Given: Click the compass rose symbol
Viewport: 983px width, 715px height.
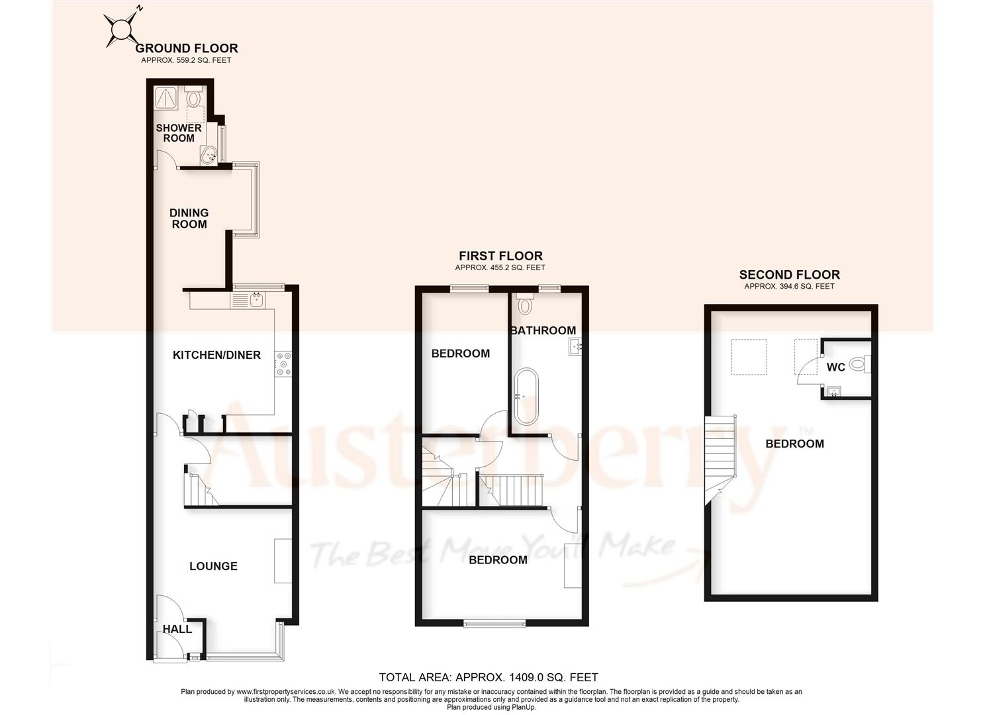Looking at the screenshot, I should [x=122, y=28].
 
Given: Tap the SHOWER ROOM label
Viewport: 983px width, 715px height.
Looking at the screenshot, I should [x=179, y=133].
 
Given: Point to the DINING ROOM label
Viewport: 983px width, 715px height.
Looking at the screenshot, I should [x=189, y=218].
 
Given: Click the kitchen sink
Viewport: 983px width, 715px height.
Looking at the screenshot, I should [x=249, y=301].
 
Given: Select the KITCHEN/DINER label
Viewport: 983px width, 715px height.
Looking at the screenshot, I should [x=216, y=356].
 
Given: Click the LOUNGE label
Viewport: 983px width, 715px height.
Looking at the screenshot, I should [x=213, y=566].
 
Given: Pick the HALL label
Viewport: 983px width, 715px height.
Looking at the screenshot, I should [x=177, y=630].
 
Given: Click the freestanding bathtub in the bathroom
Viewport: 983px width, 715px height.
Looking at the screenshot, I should [x=526, y=397].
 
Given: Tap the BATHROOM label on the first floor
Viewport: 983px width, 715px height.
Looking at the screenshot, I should [x=543, y=330].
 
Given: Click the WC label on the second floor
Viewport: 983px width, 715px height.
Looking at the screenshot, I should [x=836, y=367].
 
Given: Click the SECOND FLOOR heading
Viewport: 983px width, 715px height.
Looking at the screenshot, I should [x=789, y=275].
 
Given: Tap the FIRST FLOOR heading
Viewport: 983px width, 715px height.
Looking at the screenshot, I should [x=500, y=256].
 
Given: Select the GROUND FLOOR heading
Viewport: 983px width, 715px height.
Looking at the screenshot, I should [x=186, y=48].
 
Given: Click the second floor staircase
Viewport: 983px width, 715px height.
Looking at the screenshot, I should [x=720, y=450].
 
